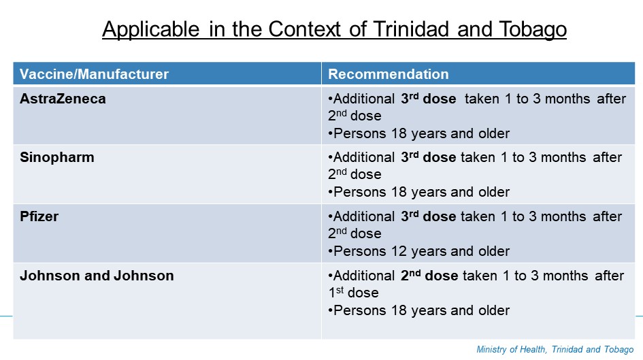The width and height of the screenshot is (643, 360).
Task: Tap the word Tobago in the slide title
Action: click(x=533, y=30)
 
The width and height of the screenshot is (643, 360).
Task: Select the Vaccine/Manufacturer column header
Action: click(x=94, y=74)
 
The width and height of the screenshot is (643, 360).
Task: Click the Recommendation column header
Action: click(x=388, y=74)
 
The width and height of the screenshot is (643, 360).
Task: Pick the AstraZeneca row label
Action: click(x=63, y=99)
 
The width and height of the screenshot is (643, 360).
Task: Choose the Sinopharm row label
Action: click(x=57, y=158)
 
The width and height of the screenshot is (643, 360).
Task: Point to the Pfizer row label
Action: click(x=39, y=216)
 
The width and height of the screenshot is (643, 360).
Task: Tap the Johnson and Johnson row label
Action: click(x=97, y=276)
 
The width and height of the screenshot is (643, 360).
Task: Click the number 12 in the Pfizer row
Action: click(x=399, y=251)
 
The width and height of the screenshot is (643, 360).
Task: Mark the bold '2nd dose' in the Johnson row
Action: click(x=429, y=275)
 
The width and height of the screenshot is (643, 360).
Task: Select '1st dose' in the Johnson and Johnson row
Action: click(x=353, y=293)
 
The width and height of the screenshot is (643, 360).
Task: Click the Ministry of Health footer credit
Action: click(x=555, y=350)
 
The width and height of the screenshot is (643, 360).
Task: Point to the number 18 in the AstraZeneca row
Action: click(x=399, y=133)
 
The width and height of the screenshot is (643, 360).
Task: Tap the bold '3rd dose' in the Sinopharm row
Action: click(x=428, y=157)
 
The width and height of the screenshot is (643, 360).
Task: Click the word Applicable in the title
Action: click(x=151, y=30)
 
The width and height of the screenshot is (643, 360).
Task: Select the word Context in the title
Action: click(x=304, y=29)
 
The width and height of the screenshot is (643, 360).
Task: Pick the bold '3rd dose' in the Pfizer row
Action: click(x=428, y=216)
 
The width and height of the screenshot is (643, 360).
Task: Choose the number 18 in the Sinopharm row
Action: click(x=399, y=193)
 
